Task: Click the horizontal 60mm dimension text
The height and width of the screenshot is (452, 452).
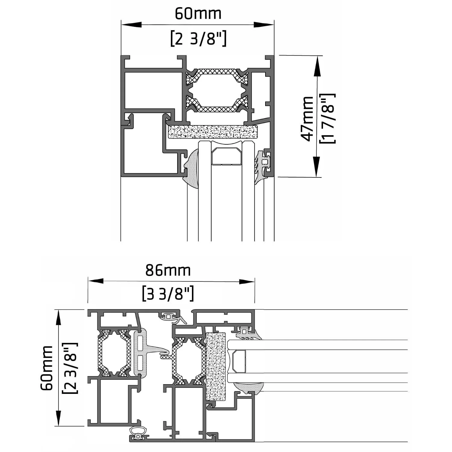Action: [x=198, y=14]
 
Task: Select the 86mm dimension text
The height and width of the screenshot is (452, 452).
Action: [x=168, y=270]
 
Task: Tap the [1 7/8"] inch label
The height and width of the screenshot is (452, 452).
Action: [x=328, y=118]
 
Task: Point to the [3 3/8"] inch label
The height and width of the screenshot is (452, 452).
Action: [x=168, y=293]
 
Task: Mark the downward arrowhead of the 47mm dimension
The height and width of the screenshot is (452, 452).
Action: [x=316, y=167]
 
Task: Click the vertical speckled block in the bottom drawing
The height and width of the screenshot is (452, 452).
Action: [x=215, y=366]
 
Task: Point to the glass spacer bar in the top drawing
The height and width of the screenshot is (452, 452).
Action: [x=227, y=156]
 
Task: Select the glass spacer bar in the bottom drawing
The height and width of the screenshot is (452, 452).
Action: [x=239, y=361]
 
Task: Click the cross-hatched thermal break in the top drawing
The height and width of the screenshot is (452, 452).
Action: [x=217, y=90]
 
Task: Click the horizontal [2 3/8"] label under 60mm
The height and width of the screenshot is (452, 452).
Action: [x=198, y=39]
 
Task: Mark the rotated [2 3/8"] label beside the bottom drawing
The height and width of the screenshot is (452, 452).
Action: [x=70, y=368]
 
